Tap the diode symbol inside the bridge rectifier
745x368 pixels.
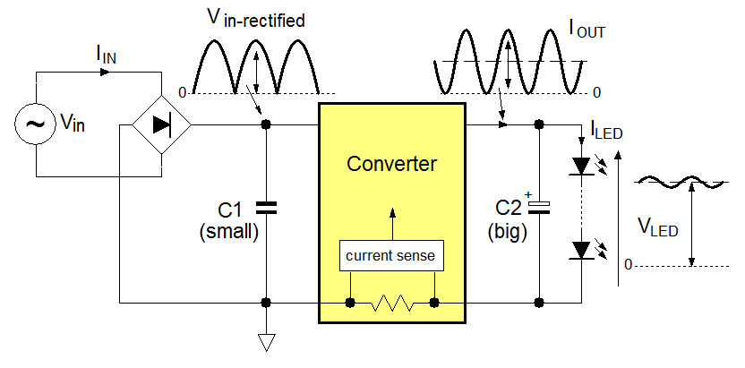click(161, 125)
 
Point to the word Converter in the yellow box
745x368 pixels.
click(391, 164)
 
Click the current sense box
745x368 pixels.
click(390, 256)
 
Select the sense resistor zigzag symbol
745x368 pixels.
click(391, 304)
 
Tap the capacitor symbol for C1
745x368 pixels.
click(266, 208)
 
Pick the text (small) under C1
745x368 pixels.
click(230, 233)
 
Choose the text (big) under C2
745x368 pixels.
click(507, 233)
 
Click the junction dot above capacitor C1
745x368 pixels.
click(266, 124)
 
